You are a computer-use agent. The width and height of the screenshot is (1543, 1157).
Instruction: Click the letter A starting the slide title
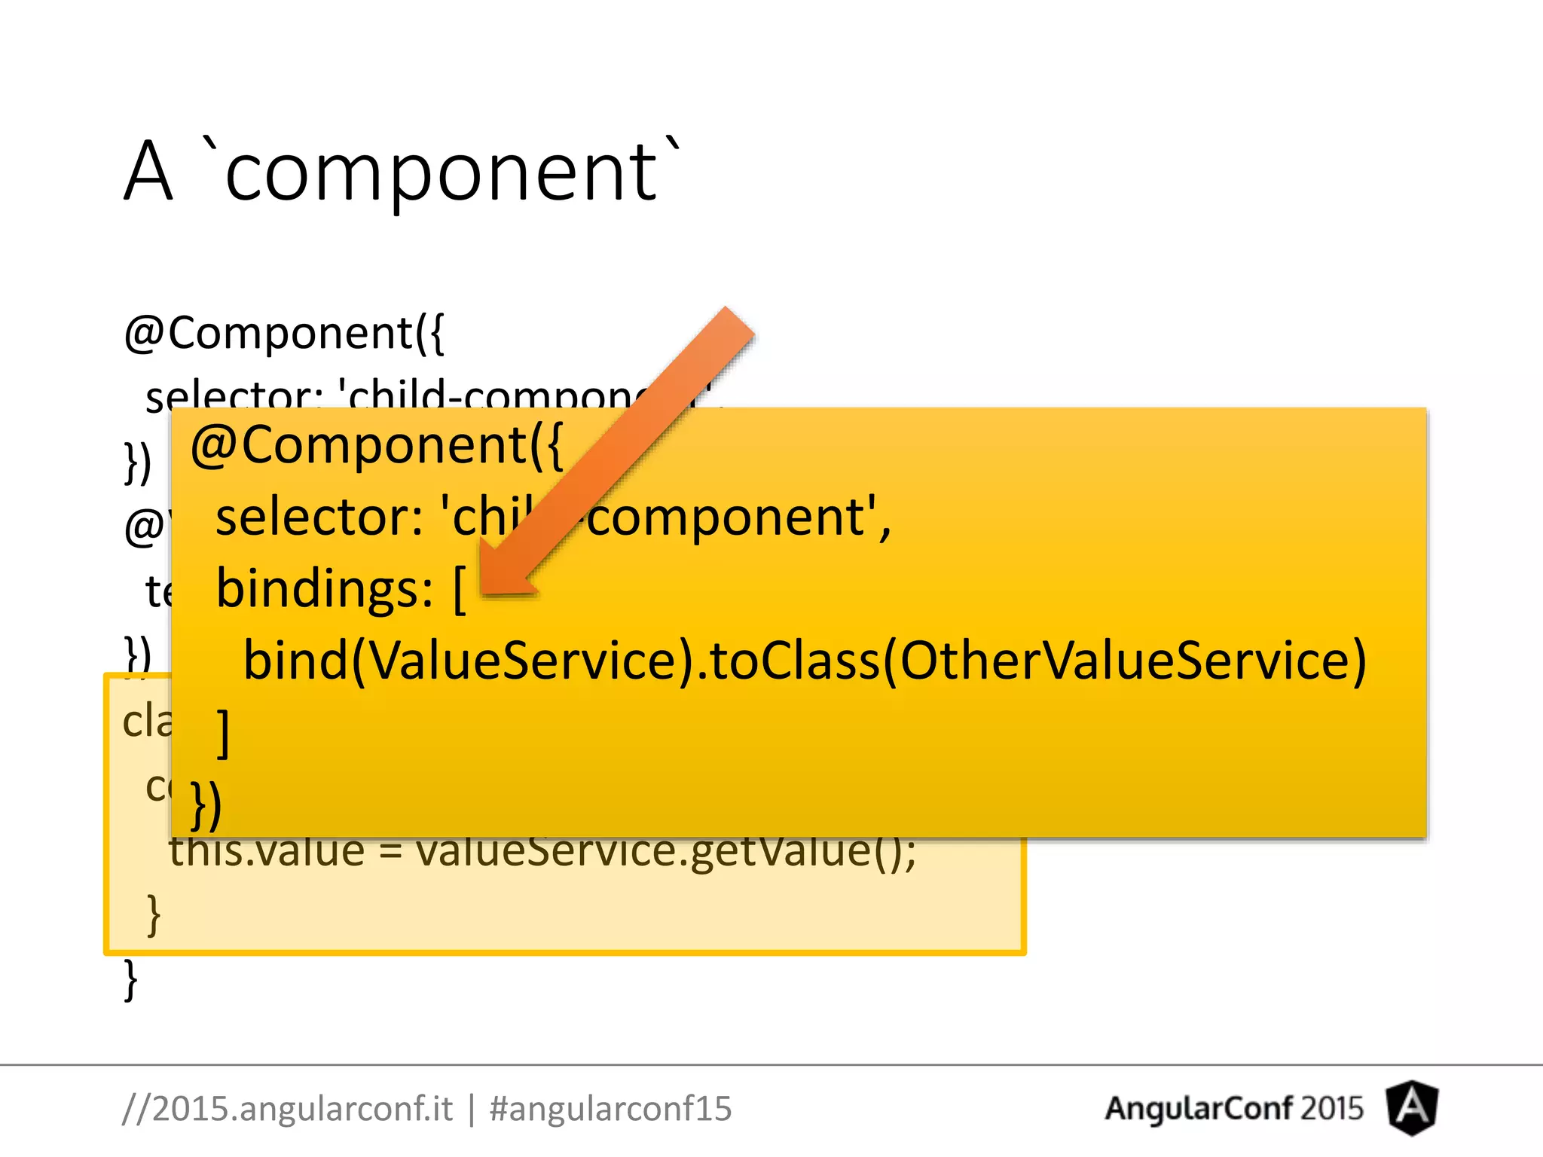point(148,173)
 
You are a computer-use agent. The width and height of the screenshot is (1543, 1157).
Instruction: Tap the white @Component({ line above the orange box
point(284,333)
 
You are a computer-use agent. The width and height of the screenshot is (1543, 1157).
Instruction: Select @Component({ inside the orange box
point(376,446)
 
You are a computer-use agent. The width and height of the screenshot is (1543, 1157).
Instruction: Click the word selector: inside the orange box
point(319,517)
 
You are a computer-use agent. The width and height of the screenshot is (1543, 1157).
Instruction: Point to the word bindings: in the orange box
point(324,589)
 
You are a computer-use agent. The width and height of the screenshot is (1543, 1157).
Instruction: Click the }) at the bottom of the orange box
point(206,804)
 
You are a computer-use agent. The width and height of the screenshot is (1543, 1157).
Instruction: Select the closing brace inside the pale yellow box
point(154,914)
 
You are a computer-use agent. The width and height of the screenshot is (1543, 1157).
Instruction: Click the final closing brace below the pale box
point(130,979)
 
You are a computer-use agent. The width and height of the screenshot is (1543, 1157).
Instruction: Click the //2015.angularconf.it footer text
point(287,1109)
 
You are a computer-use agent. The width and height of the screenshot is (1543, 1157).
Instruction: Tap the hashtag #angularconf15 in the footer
point(610,1109)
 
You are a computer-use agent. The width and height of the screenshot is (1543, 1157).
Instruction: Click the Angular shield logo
point(1412,1107)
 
